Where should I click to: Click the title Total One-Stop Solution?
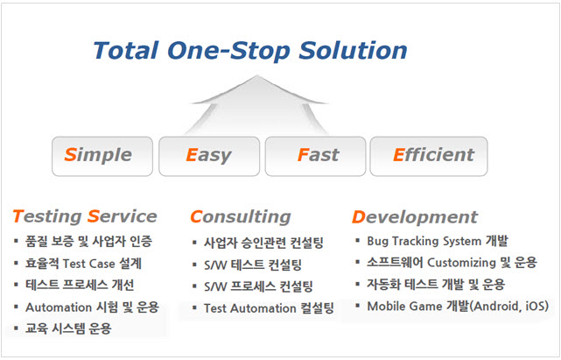point(250,51)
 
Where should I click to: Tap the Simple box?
point(102,156)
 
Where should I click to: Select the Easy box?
point(209,156)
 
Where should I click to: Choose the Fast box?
point(315,156)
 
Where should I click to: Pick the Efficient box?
point(429,156)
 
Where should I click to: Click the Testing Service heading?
point(85,216)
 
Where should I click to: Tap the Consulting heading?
point(241,217)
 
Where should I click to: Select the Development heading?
point(415,217)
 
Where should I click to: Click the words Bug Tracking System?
point(424,242)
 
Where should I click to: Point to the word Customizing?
point(461,263)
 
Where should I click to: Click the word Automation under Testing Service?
point(59,307)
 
